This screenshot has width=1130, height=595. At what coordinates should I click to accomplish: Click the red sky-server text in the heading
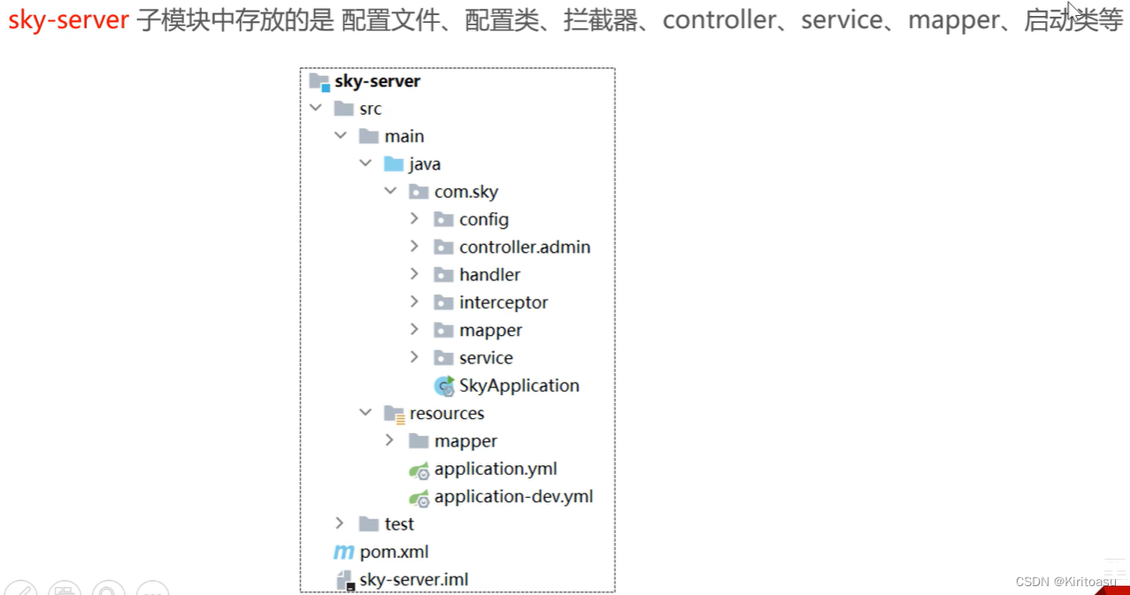[68, 20]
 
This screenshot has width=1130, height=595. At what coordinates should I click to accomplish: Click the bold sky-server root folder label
[377, 81]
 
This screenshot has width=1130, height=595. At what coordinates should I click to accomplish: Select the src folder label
[370, 109]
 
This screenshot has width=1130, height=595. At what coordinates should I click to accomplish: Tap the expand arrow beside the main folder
[341, 136]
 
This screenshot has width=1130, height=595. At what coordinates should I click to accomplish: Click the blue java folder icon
[394, 164]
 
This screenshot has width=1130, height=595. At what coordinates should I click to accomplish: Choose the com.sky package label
[466, 192]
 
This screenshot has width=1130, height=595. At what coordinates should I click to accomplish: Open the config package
[483, 219]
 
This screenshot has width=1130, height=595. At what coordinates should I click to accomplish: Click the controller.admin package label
[525, 247]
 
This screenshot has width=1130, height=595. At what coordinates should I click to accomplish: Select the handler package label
[489, 275]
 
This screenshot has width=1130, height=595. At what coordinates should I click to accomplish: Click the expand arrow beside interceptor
[414, 302]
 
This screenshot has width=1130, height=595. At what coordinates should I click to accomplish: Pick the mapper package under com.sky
[490, 330]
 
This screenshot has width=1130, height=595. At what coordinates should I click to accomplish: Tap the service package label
[486, 358]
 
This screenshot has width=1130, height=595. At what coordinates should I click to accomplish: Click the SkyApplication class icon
[444, 385]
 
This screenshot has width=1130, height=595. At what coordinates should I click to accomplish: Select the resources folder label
[447, 413]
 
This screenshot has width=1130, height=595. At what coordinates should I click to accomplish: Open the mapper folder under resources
[465, 441]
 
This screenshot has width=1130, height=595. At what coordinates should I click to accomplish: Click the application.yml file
[496, 469]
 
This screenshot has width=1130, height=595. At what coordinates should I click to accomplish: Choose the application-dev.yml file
[513, 496]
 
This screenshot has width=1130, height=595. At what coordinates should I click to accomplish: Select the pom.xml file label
[394, 552]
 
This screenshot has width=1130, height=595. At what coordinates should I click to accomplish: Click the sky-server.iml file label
[414, 580]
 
